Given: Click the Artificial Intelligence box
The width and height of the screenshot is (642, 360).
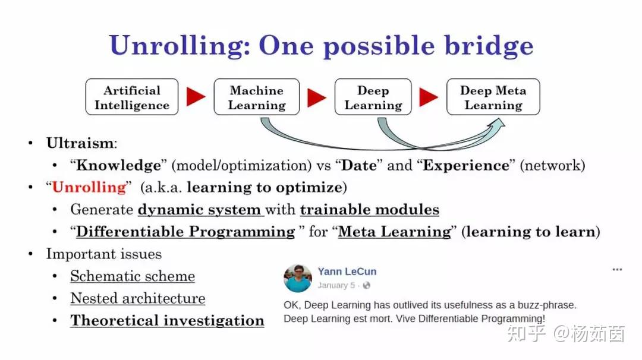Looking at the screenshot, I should (131, 97).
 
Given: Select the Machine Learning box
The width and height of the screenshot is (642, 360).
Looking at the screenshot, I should (256, 97).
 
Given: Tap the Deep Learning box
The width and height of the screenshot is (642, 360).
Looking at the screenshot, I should (373, 97).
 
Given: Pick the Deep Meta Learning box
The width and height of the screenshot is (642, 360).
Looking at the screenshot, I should (493, 97).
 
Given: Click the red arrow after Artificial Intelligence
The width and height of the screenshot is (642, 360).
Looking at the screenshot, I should (196, 97).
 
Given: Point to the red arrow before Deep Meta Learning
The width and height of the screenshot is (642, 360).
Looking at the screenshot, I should (428, 97).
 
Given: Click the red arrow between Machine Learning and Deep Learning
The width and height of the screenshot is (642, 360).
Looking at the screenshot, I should (316, 97).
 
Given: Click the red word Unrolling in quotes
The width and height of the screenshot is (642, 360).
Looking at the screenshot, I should (89, 187).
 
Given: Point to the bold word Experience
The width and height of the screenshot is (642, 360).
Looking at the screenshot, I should (466, 165).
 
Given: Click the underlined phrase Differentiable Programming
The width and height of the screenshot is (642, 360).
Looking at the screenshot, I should (185, 232).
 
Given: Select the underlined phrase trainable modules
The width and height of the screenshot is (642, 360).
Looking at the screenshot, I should (369, 210).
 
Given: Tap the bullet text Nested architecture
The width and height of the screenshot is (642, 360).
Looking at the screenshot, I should (137, 298).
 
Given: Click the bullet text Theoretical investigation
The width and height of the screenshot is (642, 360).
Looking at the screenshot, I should (167, 320).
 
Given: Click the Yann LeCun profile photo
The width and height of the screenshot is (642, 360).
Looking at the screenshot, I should (298, 278).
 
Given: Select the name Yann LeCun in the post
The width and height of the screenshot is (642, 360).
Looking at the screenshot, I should (347, 271).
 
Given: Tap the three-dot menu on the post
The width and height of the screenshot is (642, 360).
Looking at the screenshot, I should (617, 270).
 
